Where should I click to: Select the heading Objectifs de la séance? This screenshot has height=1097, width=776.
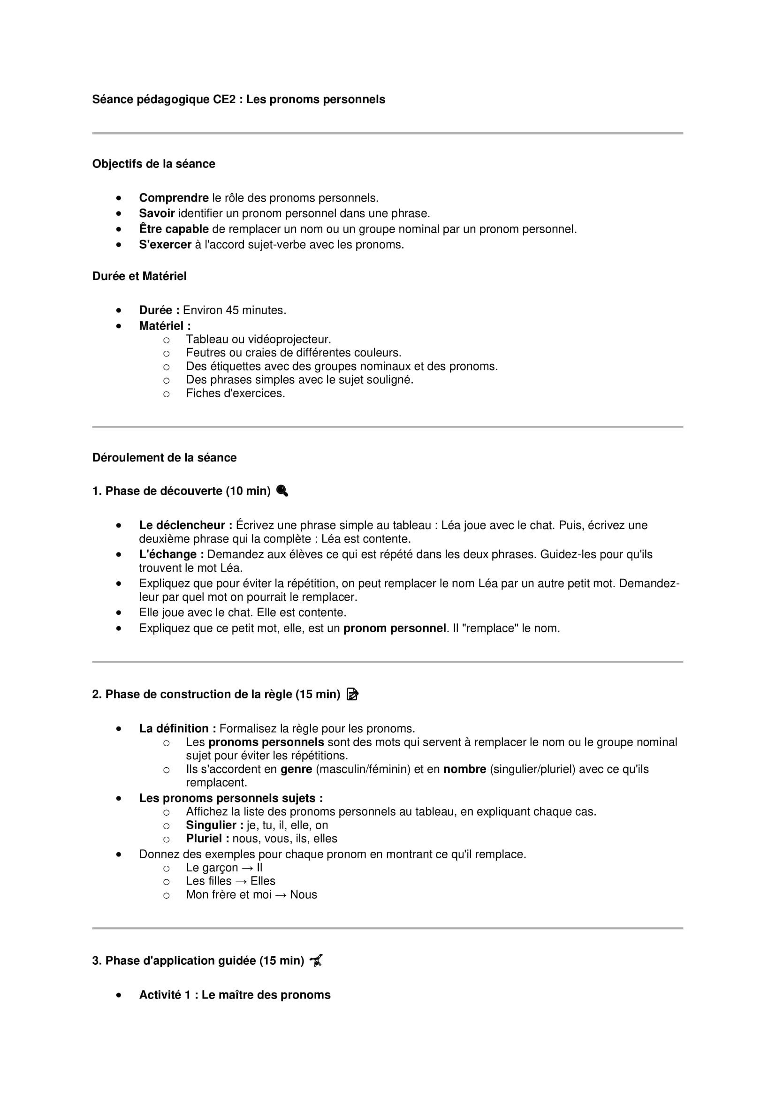[153, 164]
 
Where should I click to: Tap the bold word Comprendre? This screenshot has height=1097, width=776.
[174, 198]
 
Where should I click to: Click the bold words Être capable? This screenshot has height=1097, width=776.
[174, 229]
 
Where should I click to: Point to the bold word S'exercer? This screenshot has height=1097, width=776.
[165, 245]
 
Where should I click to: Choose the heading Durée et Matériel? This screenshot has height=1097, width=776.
[139, 276]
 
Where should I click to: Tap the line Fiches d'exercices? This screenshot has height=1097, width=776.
[235, 393]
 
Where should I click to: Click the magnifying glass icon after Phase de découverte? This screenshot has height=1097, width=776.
[282, 491]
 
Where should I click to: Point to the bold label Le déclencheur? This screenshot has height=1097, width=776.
[185, 526]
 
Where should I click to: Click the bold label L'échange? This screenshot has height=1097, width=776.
[171, 555]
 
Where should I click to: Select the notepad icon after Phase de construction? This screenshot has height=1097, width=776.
[352, 694]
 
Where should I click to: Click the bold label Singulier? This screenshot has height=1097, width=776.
[214, 825]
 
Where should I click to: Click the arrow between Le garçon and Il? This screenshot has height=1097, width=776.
[247, 868]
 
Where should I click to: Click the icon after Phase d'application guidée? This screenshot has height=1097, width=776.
[316, 961]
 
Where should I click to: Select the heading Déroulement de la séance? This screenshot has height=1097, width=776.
[164, 458]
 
